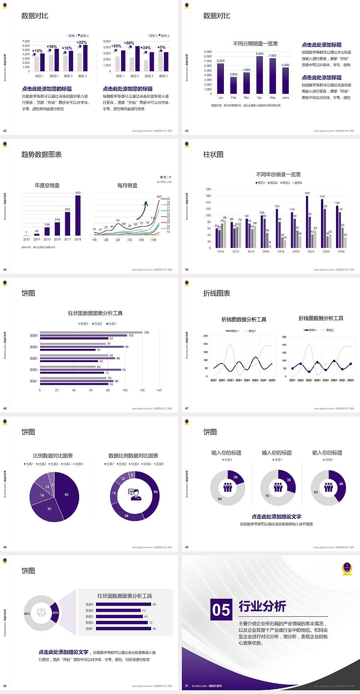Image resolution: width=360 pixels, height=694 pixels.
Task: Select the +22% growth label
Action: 82,42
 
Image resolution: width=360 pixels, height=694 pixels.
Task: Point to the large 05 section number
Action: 221,610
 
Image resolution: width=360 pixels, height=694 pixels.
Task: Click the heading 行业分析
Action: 262,606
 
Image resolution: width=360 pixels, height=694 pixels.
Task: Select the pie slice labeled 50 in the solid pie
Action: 67,495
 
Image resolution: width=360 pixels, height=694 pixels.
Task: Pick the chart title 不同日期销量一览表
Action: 255,44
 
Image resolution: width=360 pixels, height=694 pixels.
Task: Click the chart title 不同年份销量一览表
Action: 278,174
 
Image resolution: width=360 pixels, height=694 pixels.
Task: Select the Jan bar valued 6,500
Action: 220,79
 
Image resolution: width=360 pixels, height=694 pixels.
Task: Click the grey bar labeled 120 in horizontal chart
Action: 91,332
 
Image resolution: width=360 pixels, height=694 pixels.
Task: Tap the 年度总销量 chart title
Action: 47,185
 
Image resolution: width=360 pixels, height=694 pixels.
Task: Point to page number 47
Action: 187,409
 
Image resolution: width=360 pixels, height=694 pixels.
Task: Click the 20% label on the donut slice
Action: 55,613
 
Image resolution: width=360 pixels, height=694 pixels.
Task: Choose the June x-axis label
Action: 286,98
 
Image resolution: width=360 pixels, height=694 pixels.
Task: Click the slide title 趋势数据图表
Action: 42,155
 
